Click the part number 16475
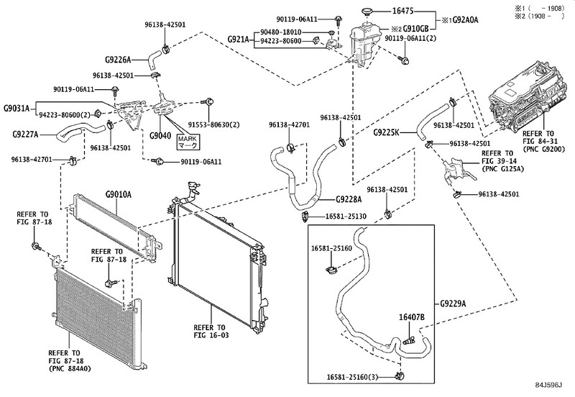pyautogui.click(x=402, y=11)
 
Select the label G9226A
pyautogui.click(x=118, y=60)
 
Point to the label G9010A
pyautogui.click(x=118, y=194)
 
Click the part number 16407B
pyautogui.click(x=411, y=317)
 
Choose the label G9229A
pyautogui.click(x=454, y=304)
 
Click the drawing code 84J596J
pyautogui.click(x=548, y=385)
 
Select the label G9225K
pyautogui.click(x=386, y=132)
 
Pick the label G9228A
pyautogui.click(x=349, y=199)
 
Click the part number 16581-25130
pyautogui.click(x=346, y=216)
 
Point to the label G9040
pyautogui.click(x=160, y=135)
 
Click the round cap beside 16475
pyautogui.click(x=366, y=12)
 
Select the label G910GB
pyautogui.click(x=415, y=28)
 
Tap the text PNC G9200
pyautogui.click(x=544, y=150)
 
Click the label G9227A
pyautogui.click(x=25, y=134)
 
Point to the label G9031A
pyautogui.click(x=17, y=108)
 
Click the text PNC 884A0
pyautogui.click(x=70, y=369)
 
